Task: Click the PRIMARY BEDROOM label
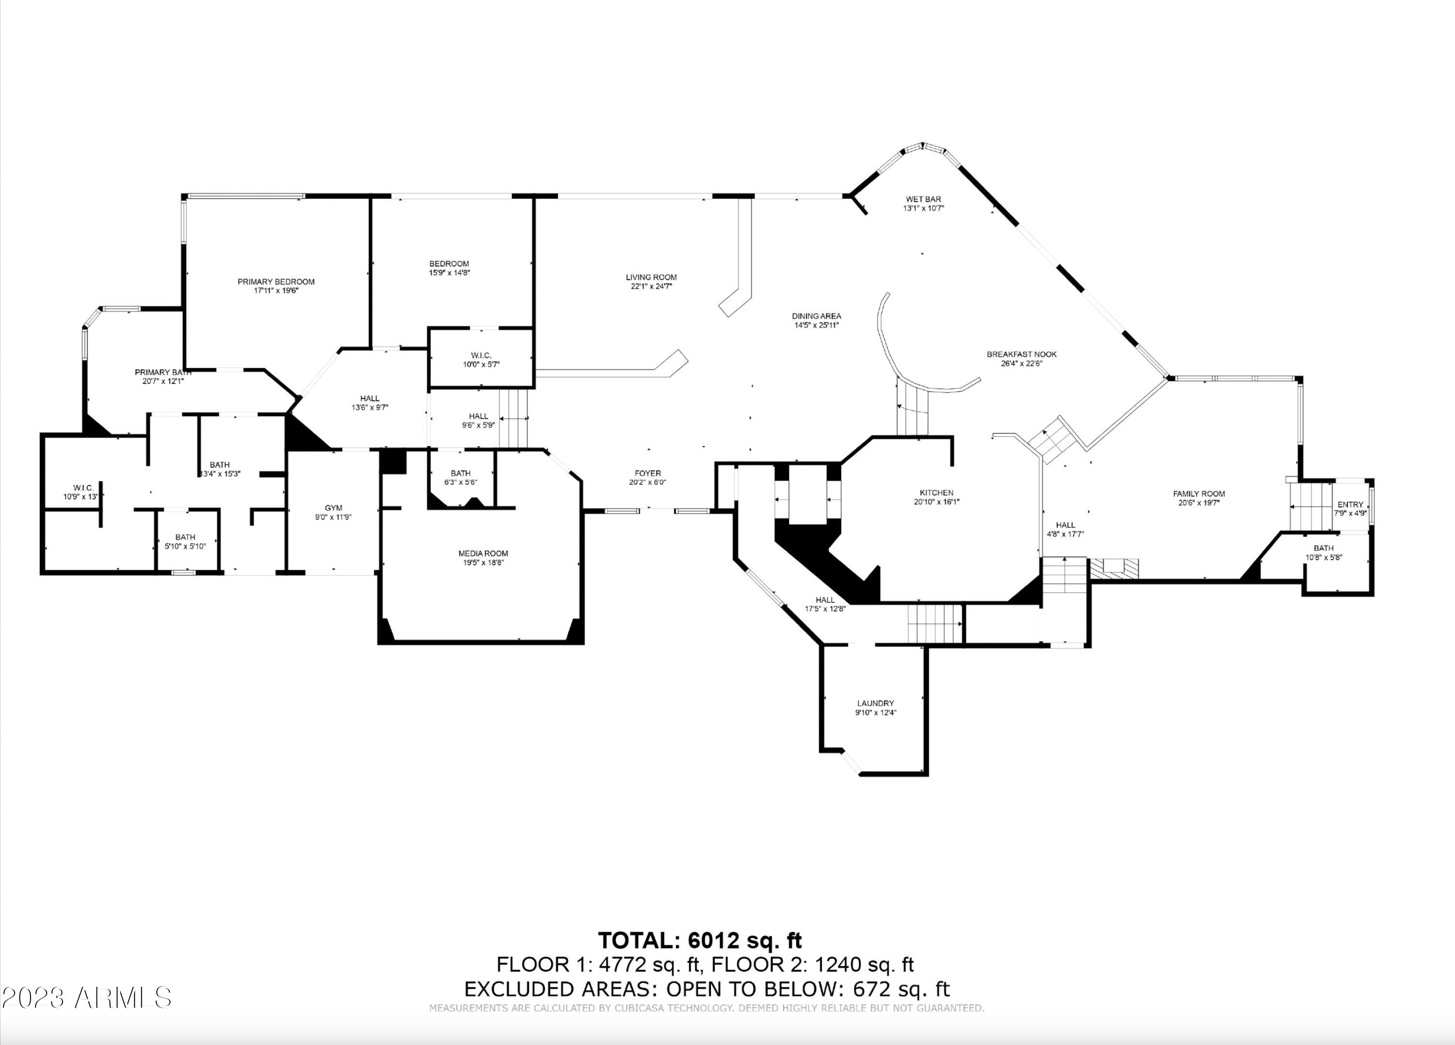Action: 276,282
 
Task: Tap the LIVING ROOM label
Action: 651,277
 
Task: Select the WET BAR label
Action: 923,199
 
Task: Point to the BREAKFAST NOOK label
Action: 1021,354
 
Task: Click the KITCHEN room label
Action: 936,493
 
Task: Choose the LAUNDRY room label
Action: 875,703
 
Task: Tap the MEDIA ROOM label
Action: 483,553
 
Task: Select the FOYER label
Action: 647,473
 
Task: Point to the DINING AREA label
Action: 816,316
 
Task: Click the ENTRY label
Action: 1350,504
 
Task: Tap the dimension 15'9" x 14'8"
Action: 449,273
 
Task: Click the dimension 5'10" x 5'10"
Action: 185,546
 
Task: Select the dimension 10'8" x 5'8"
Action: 1324,557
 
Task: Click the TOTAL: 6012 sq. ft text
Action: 700,940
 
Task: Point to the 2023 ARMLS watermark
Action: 87,997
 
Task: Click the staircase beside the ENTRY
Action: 1312,507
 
